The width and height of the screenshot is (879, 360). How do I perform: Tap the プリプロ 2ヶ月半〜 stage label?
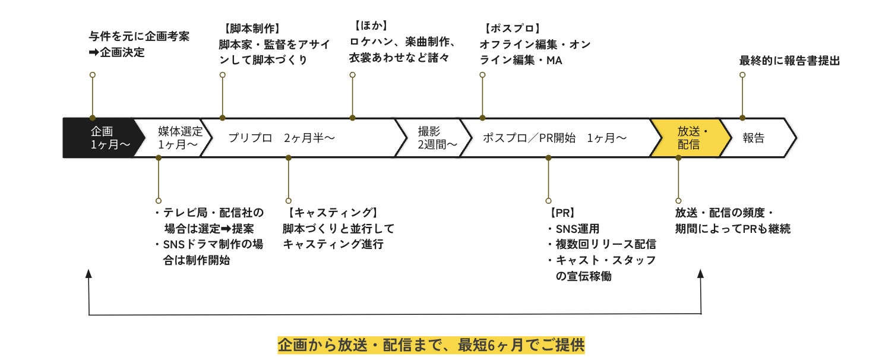(x=282, y=138)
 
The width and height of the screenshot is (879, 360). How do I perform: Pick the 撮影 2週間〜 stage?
(x=437, y=138)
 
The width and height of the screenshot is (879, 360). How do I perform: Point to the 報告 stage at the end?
(x=754, y=138)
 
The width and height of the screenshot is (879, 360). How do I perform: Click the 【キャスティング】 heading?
(x=332, y=213)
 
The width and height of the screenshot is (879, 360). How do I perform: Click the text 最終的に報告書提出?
(x=789, y=60)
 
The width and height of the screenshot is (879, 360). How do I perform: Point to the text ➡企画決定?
(x=116, y=52)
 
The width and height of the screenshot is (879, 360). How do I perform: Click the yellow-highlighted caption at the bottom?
(x=431, y=345)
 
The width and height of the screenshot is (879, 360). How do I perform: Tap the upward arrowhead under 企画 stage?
(x=89, y=273)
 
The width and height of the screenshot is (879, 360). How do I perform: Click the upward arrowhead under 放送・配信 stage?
(x=701, y=273)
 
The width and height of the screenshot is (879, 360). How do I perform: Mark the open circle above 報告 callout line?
(x=742, y=75)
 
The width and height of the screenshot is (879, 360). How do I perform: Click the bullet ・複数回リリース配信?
(x=601, y=244)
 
